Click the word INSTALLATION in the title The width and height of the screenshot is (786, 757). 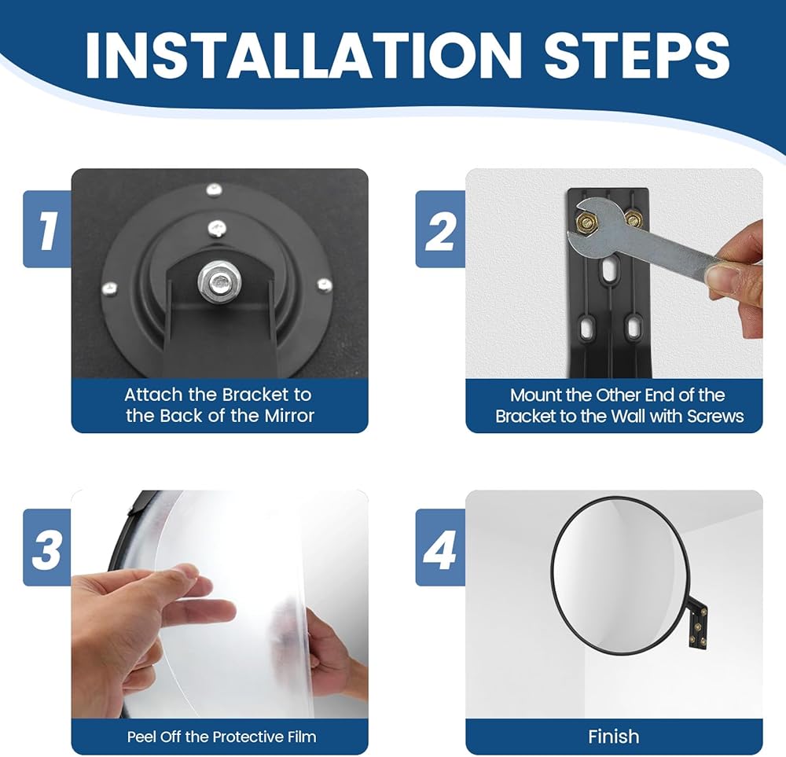pos(303,55)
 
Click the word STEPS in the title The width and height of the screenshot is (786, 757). pos(637,55)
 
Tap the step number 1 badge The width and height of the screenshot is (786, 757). pos(47,229)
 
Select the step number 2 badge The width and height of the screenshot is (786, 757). pos(440,229)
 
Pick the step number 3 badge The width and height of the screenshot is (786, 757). pos(47,547)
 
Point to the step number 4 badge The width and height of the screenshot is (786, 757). pos(440,547)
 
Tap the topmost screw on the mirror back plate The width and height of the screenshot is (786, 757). pos(215,189)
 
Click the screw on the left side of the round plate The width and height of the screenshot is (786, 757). pos(109,288)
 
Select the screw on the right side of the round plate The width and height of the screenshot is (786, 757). pos(325,285)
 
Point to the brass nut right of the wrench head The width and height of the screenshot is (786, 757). pos(634,219)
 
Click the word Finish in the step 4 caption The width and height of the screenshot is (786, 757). pos(614,737)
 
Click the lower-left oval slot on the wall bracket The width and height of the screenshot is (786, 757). pos(586,329)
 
